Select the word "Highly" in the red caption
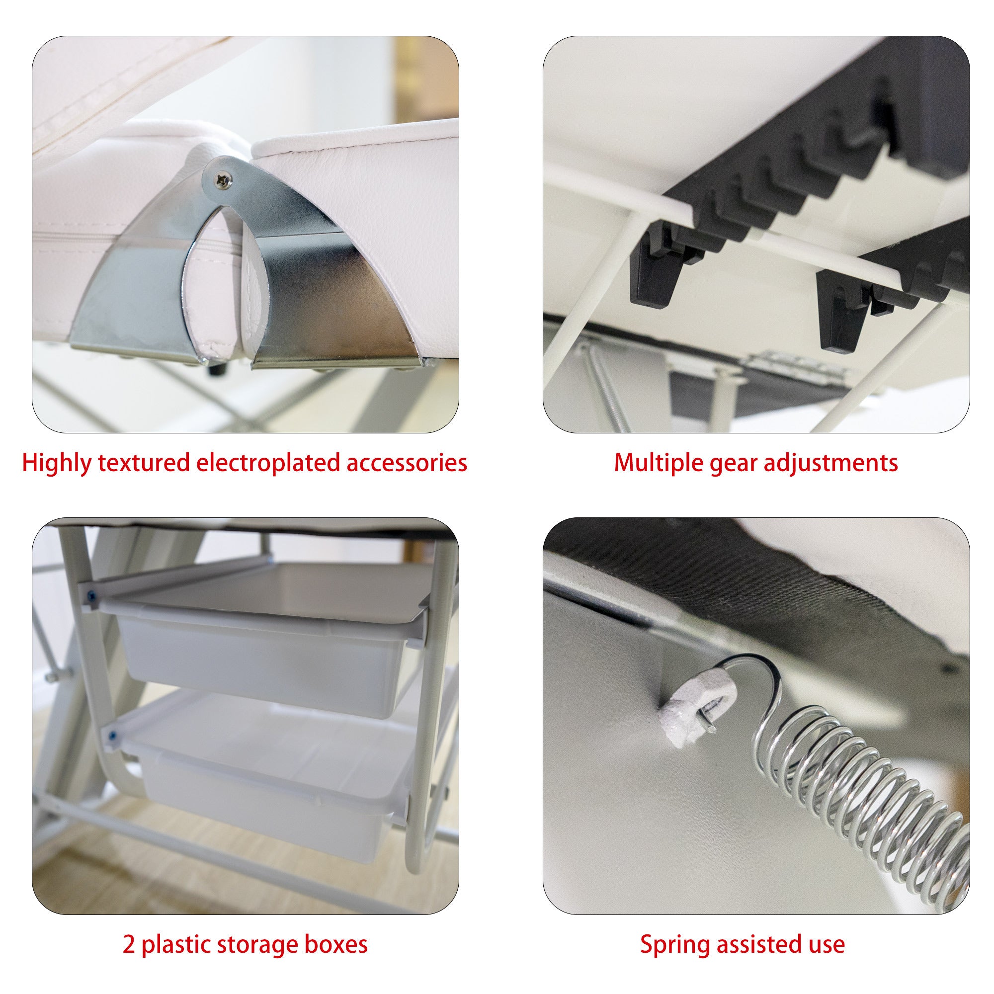tap(57, 464)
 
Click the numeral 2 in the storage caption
tap(129, 944)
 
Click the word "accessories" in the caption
tap(407, 464)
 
